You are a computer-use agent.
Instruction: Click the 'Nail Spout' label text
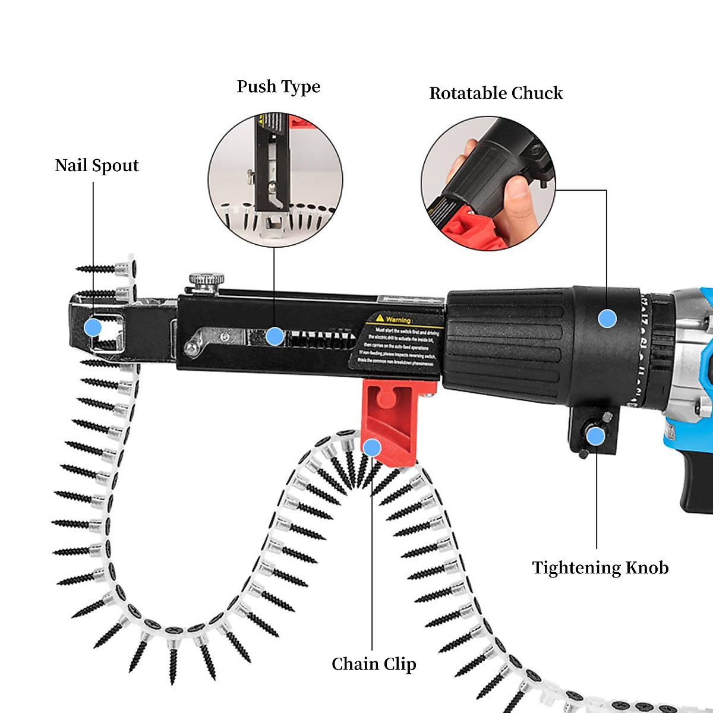96,166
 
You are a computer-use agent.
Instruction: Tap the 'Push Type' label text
278,87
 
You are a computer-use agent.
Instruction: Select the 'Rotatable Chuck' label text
496,93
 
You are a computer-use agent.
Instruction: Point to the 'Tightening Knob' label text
600,568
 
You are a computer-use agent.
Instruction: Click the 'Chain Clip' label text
374,664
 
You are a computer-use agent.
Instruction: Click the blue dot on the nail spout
93,327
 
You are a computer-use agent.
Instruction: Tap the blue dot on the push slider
275,336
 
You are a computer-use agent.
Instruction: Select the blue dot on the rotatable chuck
607,318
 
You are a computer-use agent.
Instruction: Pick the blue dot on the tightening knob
595,437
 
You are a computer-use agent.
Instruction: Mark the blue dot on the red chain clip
372,447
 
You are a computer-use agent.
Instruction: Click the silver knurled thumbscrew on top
207,280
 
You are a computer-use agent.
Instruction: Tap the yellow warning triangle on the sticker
379,318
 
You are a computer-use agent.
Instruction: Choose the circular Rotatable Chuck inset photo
488,183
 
